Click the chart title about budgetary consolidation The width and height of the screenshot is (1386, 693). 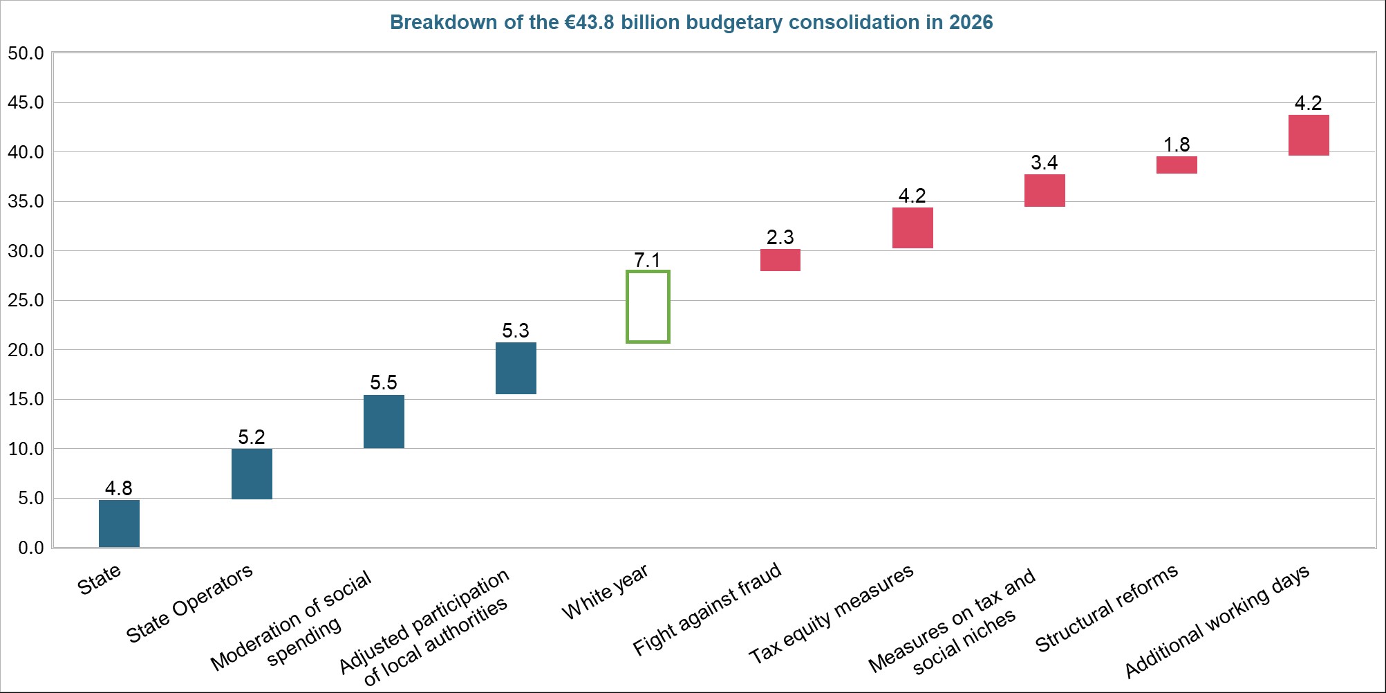click(691, 23)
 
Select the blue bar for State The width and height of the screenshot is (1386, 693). click(119, 524)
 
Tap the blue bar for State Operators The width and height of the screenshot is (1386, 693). click(252, 474)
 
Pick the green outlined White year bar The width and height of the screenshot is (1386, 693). click(648, 306)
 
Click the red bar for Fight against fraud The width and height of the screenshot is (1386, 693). click(780, 260)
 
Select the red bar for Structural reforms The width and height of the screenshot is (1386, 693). click(1177, 165)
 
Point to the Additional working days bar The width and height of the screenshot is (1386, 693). click(1309, 135)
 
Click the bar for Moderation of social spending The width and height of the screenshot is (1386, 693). click(384, 421)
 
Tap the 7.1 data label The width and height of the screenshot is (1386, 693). click(648, 260)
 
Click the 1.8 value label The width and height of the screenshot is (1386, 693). click(1177, 145)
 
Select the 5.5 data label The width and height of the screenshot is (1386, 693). click(384, 382)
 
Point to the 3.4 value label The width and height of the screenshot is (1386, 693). click(1044, 163)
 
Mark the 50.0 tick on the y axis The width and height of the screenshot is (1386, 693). click(26, 53)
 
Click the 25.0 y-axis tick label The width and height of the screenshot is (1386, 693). click(26, 300)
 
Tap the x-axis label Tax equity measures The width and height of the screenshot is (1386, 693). click(832, 613)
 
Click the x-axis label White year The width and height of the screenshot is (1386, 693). click(605, 591)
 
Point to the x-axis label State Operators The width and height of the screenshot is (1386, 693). click(189, 603)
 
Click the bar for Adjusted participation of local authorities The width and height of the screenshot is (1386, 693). click(516, 368)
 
